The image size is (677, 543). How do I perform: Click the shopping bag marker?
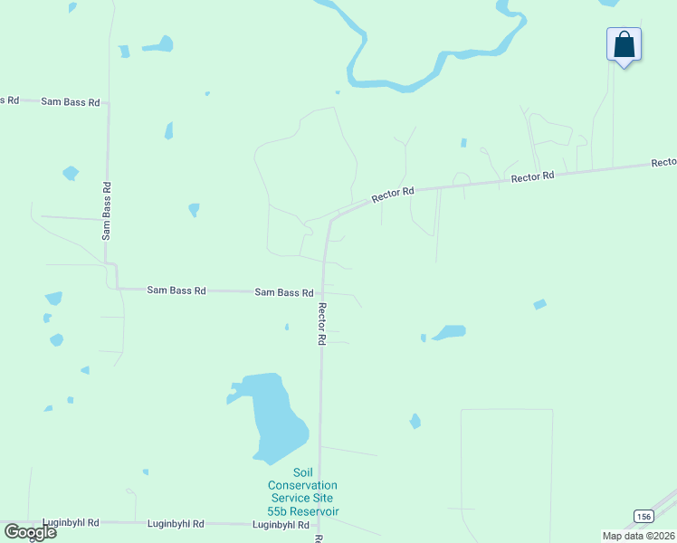coord(624,43)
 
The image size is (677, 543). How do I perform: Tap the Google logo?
coord(30,531)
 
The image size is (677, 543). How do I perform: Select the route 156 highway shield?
coord(643,516)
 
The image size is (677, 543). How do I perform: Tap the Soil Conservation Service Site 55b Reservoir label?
coord(302,492)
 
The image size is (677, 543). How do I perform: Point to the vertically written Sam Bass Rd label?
coord(107,211)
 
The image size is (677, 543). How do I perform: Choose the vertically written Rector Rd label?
coord(321,323)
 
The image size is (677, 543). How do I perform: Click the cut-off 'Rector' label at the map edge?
coord(663,163)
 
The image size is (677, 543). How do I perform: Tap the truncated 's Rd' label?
coord(9,100)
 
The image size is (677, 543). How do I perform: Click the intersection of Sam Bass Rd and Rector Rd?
coord(321,293)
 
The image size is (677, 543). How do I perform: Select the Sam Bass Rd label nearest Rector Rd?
coord(283,292)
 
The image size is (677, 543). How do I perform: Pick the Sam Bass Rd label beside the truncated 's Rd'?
coord(70,101)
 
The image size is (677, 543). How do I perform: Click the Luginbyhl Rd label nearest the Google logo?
coord(71,523)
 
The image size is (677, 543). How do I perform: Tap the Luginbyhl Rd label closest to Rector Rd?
coord(281,525)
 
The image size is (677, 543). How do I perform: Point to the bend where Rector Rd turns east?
coord(332,220)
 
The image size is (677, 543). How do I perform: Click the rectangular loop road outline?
coord(507,471)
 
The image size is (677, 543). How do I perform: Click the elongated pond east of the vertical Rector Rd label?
coord(449,332)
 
